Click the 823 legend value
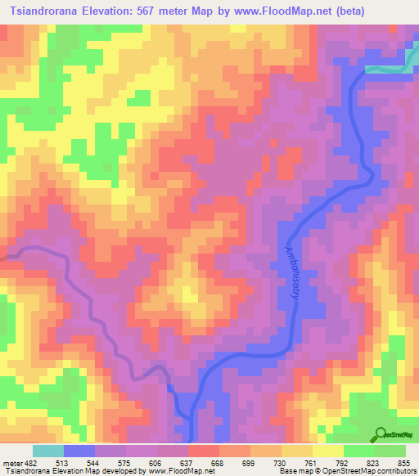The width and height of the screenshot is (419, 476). (x=376, y=462)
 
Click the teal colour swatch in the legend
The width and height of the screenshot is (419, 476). (x=48, y=451)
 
